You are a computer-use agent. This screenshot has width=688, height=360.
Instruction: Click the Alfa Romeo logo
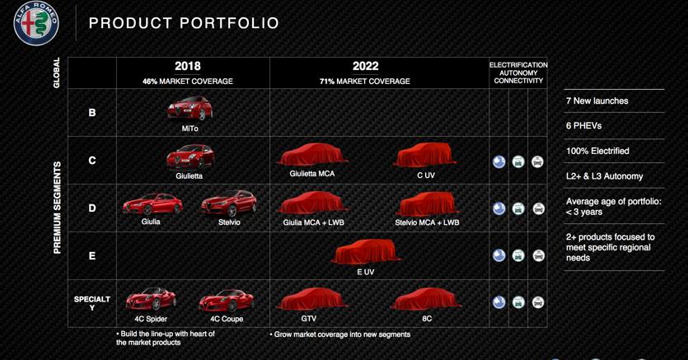pos(36,23)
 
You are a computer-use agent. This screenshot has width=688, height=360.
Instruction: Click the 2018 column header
pos(187,66)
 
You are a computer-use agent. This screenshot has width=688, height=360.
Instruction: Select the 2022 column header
pos(365,66)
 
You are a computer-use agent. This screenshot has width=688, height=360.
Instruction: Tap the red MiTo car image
pos(190,108)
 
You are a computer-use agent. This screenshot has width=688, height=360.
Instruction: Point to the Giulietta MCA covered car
pos(312,155)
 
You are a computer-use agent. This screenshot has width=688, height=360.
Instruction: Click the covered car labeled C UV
pos(426,155)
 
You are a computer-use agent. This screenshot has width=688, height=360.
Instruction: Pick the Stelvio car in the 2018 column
pos(228,203)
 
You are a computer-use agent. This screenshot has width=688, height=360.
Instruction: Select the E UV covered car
pos(366,252)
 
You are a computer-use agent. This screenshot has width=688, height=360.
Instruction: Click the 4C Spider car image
pos(151,299)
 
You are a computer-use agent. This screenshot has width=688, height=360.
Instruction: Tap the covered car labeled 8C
pos(426,299)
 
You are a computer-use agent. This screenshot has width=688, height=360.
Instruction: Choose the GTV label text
pos(308,319)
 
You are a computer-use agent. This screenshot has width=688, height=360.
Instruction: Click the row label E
pos(92,255)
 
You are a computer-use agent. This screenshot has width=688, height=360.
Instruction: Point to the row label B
pos(92,113)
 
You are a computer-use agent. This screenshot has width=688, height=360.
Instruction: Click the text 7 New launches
pos(597,101)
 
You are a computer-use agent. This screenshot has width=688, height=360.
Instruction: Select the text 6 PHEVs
pos(583,126)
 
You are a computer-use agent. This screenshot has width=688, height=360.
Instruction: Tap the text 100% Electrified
pos(597,151)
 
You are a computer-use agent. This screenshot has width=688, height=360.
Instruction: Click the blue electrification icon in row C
pos(498,161)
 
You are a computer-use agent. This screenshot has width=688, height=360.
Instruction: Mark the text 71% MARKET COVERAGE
pos(365,81)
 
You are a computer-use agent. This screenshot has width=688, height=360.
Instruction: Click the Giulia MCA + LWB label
pos(313,222)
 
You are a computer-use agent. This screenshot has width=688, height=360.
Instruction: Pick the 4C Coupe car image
pos(227,301)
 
